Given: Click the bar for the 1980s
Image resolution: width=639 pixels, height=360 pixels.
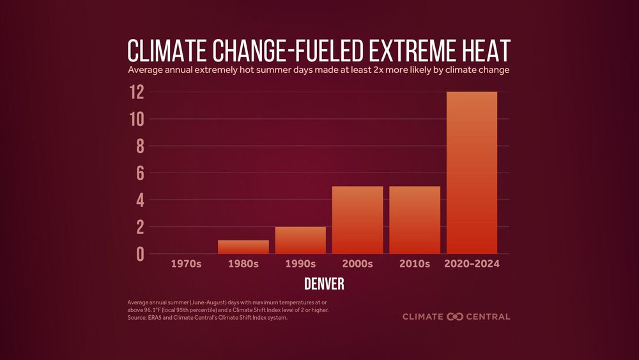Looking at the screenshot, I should coord(243,247).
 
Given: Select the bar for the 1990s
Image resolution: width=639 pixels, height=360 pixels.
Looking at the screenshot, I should coord(300,240).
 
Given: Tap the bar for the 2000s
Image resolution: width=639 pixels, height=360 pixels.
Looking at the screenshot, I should coord(357,220).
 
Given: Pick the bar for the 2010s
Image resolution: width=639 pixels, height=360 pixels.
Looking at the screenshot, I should coord(415,220).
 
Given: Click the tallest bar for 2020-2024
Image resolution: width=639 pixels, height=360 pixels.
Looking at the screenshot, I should coord(472,173).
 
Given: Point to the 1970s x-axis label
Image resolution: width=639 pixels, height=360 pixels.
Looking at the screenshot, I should coord(186,263).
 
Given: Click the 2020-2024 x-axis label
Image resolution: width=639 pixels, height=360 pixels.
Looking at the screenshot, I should coord(472,263).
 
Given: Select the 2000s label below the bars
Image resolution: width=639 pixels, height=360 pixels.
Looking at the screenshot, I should coord(357,263).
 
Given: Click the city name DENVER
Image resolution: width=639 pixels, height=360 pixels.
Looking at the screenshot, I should coord(324,283).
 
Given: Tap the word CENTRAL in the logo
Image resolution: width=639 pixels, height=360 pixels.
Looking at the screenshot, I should coord(488,316).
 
